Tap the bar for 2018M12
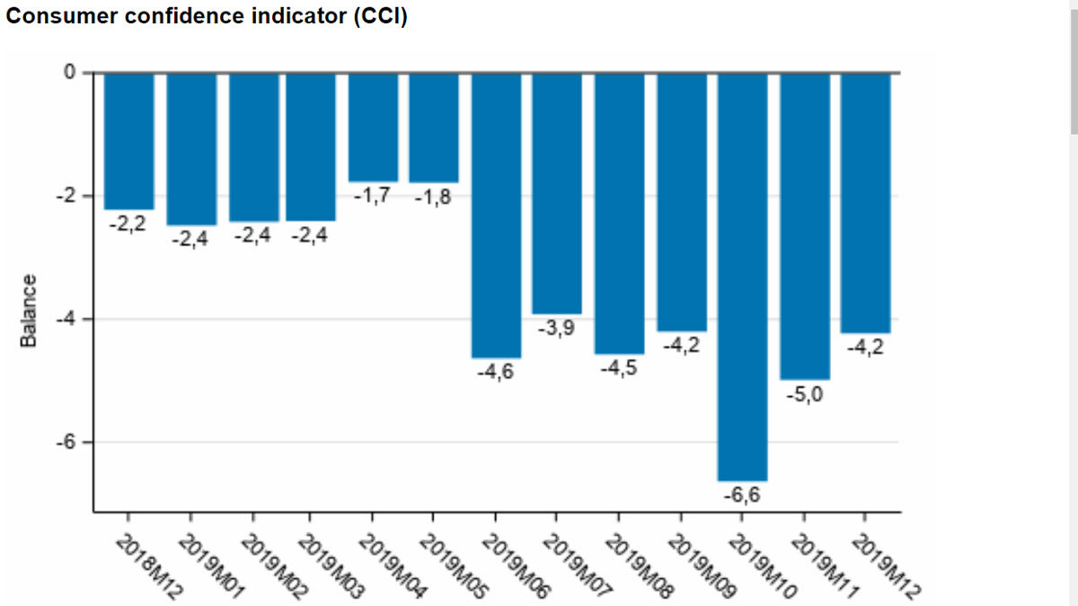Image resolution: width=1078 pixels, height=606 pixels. tap(128, 141)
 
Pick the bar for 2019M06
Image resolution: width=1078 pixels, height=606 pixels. tap(496, 215)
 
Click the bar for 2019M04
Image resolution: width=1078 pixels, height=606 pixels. tap(373, 127)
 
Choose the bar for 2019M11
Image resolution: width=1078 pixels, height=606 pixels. tap(804, 226)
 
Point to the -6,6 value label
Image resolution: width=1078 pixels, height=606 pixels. tap(742, 495)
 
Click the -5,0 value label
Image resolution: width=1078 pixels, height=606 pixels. tap(804, 393)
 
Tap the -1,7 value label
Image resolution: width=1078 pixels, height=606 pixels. tap(371, 196)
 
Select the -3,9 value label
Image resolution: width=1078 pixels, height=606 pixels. tap(557, 329)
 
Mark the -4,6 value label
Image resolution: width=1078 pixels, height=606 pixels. tap(496, 372)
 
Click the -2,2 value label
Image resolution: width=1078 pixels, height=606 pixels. tap(128, 224)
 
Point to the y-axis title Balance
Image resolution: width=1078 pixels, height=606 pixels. tap(30, 311)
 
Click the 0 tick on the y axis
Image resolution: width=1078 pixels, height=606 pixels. tap(69, 73)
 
